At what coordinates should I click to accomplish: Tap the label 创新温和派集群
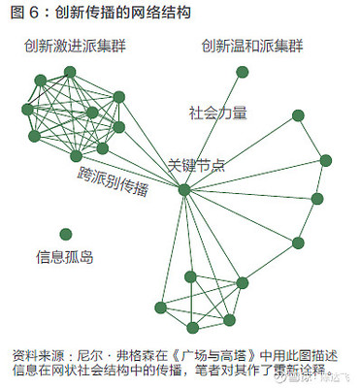click(x=252, y=47)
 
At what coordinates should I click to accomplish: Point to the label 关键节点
click(x=197, y=166)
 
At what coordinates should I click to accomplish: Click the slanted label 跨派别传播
click(x=114, y=180)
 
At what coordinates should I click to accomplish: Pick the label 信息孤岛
click(x=65, y=257)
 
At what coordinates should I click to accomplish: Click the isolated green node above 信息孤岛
click(x=65, y=234)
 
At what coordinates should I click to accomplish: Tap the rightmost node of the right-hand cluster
click(x=326, y=160)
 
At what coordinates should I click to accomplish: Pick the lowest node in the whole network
click(x=193, y=327)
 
